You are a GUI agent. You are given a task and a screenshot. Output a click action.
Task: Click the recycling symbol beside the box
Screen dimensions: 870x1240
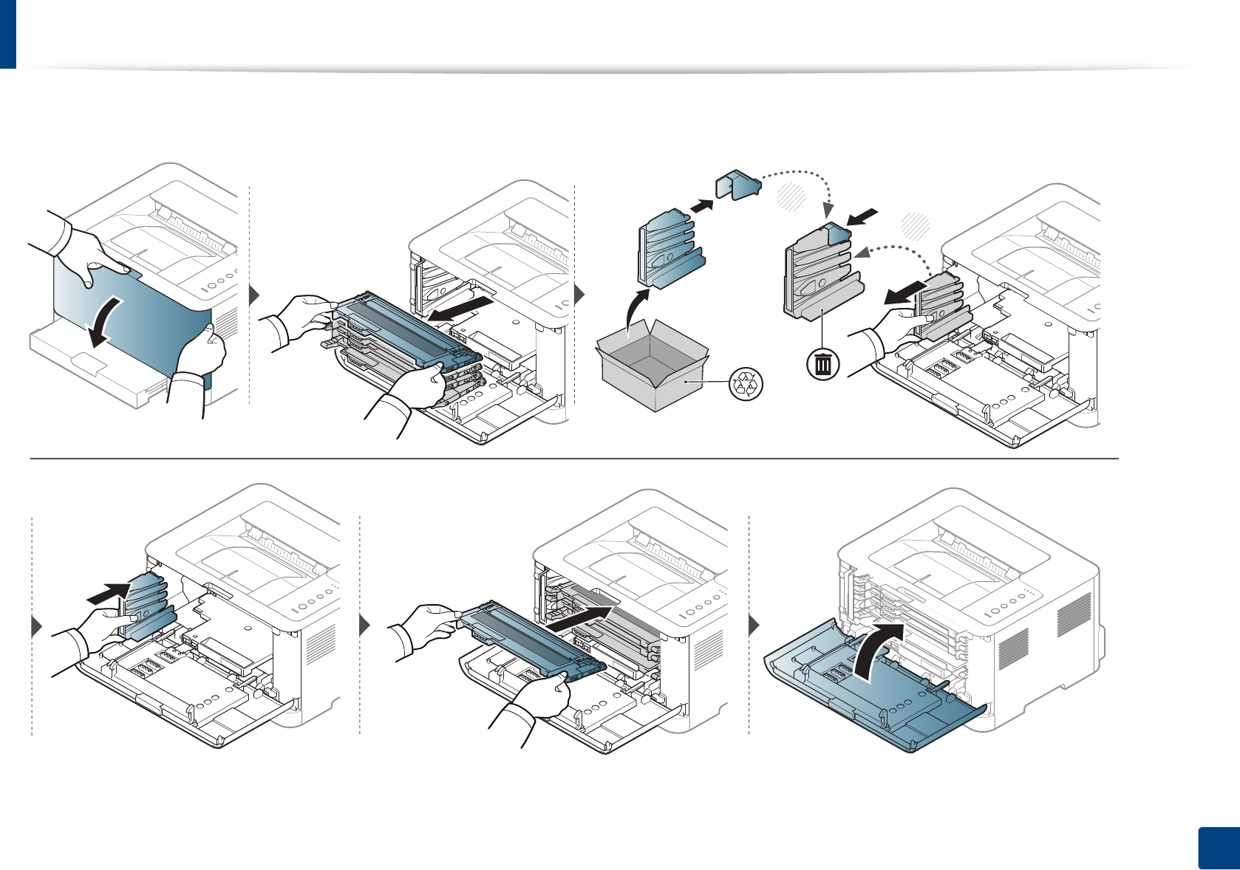point(746,384)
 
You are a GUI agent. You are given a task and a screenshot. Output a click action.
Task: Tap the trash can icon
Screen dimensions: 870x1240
point(822,364)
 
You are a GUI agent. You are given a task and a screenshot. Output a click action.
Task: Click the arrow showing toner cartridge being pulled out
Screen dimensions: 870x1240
point(461,308)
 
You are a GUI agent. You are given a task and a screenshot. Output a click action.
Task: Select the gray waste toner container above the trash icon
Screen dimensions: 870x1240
point(819,270)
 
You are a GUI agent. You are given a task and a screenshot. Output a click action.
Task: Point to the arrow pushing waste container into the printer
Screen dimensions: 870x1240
point(109,592)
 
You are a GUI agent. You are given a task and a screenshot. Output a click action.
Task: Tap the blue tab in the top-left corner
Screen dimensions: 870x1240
point(7,34)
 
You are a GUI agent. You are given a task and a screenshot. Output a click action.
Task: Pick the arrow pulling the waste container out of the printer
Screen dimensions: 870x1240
point(905,292)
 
